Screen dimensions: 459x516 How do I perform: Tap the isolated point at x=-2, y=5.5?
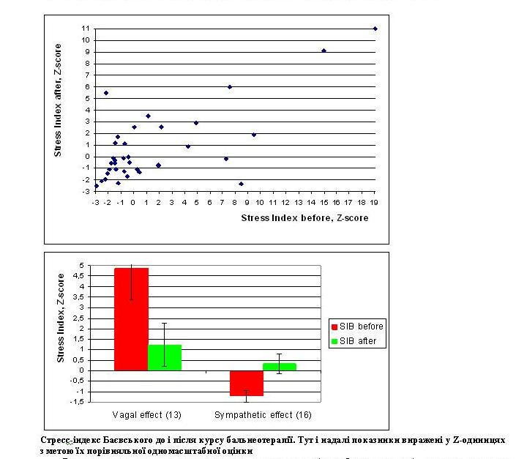tap(106, 93)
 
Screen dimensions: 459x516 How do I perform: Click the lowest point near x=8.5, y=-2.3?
tap(241, 184)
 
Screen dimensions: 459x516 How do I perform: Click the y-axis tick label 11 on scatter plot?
tap(86, 29)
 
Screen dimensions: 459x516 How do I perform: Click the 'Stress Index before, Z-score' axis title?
tap(304, 217)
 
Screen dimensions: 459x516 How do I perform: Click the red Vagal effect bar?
tap(131, 319)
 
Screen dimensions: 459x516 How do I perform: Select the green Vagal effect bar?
tap(165, 357)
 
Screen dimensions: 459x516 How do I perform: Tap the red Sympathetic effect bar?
tap(247, 383)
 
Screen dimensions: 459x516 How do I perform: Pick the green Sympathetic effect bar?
tap(280, 366)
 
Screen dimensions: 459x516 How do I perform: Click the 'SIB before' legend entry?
tap(359, 326)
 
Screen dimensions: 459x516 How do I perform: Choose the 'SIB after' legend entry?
tap(357, 341)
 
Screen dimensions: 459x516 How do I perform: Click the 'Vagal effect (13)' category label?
tap(147, 415)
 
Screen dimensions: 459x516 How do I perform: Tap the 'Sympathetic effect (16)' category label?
tap(261, 415)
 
